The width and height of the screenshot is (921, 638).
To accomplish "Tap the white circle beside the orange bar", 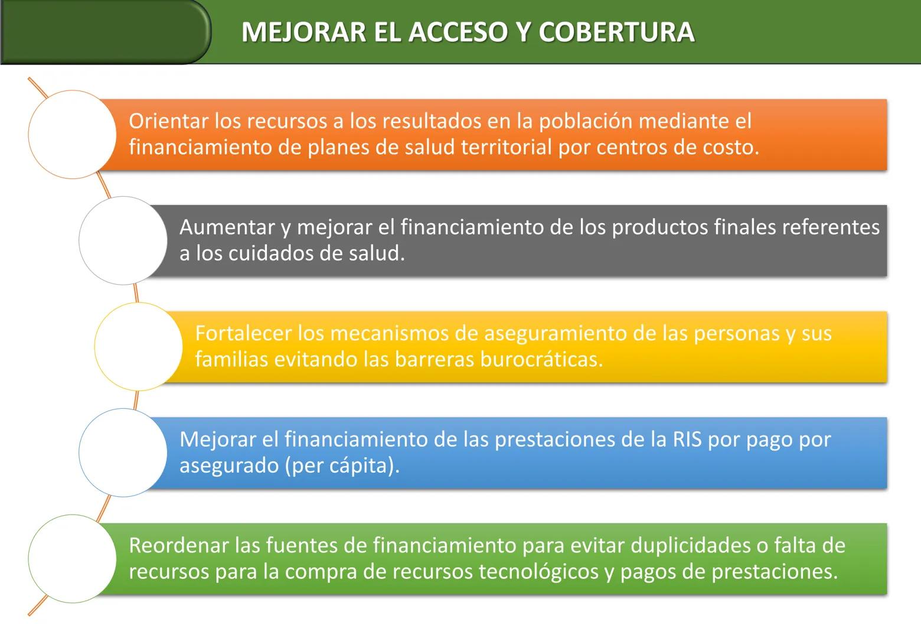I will (72, 135).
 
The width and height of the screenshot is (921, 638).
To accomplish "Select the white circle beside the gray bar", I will (123, 240).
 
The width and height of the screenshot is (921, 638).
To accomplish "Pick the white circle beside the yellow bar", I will (138, 347).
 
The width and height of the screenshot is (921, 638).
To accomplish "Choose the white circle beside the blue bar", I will (123, 453).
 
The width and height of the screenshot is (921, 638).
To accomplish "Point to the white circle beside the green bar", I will (72, 559).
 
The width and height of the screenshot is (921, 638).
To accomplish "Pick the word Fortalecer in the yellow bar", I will (243, 334).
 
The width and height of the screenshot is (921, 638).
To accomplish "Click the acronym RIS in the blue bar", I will (687, 440).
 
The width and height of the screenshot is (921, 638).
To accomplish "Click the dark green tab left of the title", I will (103, 31).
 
